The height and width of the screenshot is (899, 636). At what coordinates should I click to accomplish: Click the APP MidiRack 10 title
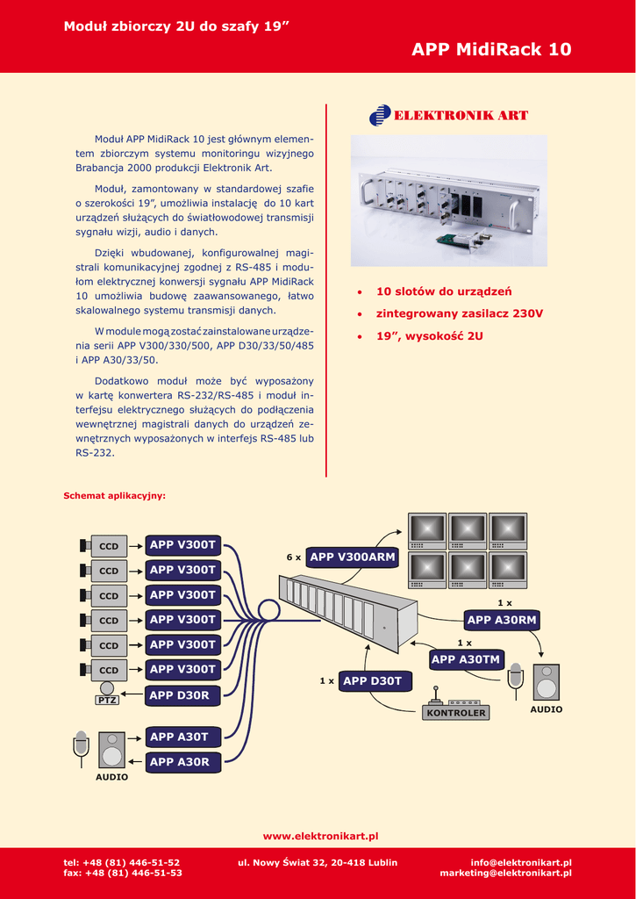tap(491, 49)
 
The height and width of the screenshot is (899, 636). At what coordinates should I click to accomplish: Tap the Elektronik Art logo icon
tap(380, 116)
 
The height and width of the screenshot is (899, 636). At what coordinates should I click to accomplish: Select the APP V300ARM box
tap(353, 557)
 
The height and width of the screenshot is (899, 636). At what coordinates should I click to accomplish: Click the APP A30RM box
tap(502, 621)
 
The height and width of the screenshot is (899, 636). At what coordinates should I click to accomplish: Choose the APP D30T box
tap(372, 680)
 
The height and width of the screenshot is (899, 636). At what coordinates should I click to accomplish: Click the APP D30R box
tap(179, 695)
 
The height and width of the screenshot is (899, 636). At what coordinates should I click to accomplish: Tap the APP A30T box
tap(179, 737)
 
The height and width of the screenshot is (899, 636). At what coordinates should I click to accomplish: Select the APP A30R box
tap(179, 762)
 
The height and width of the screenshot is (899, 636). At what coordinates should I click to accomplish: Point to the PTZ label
tap(107, 701)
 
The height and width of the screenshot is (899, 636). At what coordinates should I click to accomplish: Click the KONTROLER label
tap(455, 714)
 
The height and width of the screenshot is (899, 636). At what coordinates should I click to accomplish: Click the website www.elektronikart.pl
tap(320, 836)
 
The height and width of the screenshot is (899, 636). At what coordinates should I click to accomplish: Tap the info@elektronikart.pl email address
tap(521, 863)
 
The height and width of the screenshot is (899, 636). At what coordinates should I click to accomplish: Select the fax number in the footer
tap(123, 874)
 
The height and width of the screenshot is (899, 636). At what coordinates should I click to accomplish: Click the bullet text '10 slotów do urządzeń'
tap(444, 291)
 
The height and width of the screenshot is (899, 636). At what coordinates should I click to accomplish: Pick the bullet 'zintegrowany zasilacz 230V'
tap(460, 313)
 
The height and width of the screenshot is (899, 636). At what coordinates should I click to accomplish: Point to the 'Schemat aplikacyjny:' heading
tap(114, 496)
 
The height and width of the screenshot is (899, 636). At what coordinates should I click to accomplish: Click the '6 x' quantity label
tap(294, 557)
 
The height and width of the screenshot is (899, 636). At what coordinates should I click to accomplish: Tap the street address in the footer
tap(318, 863)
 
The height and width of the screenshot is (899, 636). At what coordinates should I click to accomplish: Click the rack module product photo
tap(448, 201)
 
